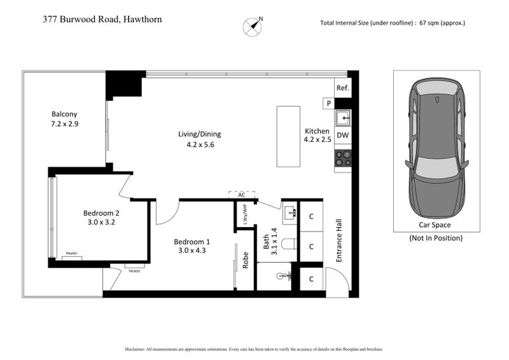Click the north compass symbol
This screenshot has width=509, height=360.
click(253, 25)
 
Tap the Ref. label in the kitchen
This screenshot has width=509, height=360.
click(342, 88)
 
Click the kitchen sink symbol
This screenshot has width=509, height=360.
click(342, 118)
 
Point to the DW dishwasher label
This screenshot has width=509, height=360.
click(342, 135)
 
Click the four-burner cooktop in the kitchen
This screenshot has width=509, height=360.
click(342, 158)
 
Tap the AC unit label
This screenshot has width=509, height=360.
click(242, 195)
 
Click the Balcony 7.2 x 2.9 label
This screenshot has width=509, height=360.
click(65, 119)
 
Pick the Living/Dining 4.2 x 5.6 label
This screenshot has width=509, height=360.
click(200, 139)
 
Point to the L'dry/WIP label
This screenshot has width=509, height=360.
click(245, 214)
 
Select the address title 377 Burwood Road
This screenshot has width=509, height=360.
click(102, 19)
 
